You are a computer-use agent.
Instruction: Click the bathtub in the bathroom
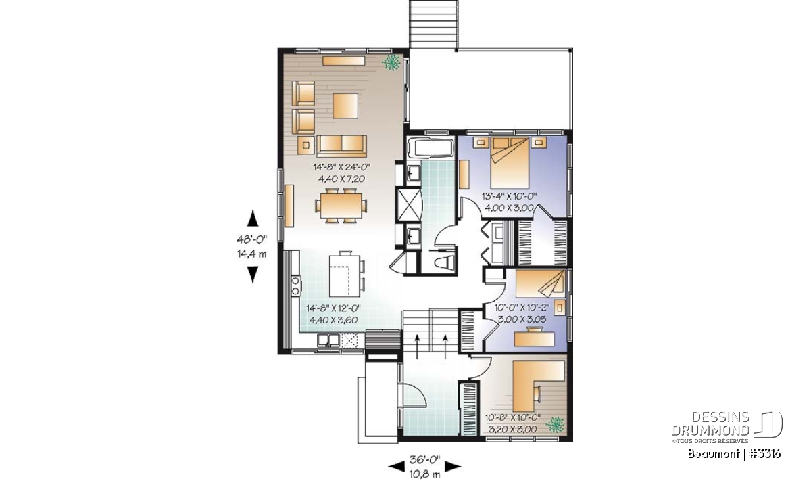tap(430, 148)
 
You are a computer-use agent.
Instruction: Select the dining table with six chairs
tap(341, 206)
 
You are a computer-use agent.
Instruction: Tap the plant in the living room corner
tap(391, 63)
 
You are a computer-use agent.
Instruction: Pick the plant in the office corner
tap(555, 425)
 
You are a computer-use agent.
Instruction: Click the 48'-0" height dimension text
tap(252, 239)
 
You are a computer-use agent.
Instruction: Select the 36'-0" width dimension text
tap(424, 460)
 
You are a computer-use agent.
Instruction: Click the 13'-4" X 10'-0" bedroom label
tap(509, 196)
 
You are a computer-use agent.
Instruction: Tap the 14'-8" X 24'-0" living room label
tap(342, 167)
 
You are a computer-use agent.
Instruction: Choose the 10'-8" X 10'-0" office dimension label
tap(513, 418)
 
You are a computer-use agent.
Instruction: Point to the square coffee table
tap(345, 106)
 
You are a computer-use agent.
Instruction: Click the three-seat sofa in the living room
tap(341, 146)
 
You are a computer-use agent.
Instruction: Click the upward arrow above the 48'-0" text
tap(253, 219)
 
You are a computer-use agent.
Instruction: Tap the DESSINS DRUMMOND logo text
tap(710, 423)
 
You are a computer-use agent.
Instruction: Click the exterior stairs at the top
tap(433, 24)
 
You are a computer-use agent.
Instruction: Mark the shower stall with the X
tap(410, 205)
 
